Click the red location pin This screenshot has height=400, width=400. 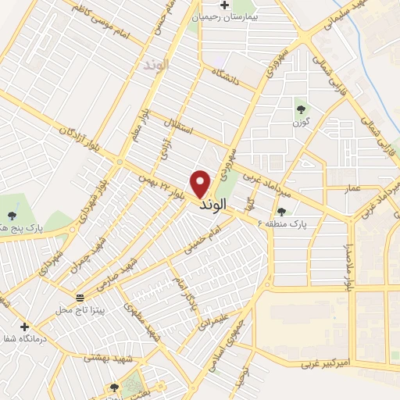pos(202,183)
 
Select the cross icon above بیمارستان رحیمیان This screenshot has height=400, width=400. pos(224,5)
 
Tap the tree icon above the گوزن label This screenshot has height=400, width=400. pos(301,109)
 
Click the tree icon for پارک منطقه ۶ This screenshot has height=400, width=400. pos(281,212)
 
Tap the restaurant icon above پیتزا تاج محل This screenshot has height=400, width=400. pos(80,298)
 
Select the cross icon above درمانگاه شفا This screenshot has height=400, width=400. pos(25,327)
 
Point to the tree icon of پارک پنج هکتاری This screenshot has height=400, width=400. pos(11,216)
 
